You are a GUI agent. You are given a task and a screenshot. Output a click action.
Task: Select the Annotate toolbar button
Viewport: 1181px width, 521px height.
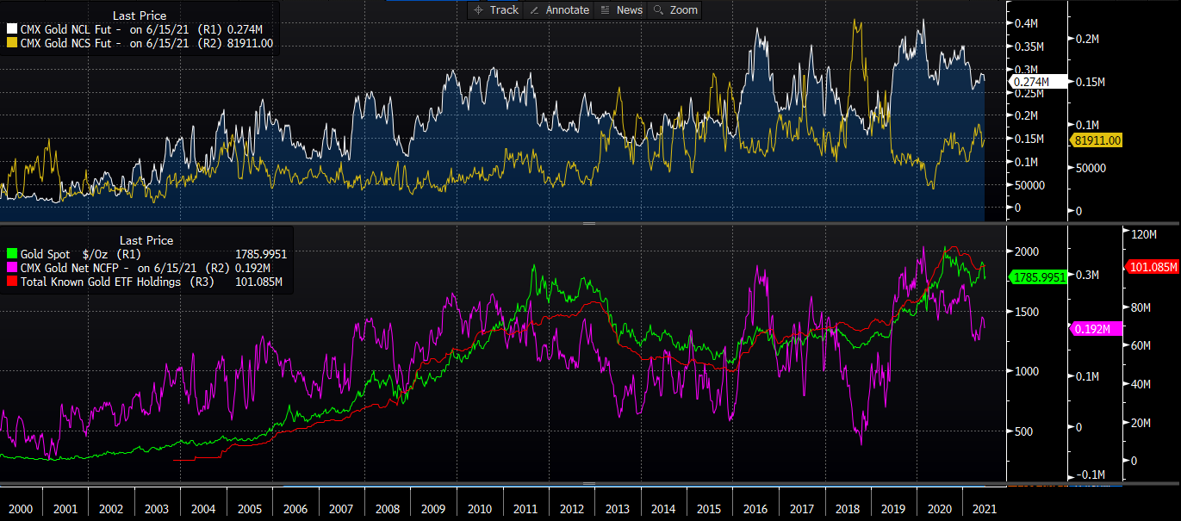559,9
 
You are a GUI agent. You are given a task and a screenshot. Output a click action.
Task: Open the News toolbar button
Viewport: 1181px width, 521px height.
621,9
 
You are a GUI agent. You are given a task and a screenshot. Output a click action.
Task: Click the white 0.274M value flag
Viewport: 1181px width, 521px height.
1031,81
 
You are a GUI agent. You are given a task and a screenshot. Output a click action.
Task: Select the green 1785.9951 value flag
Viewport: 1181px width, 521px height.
1038,277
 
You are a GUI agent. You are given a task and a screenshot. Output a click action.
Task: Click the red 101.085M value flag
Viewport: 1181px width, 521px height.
1152,267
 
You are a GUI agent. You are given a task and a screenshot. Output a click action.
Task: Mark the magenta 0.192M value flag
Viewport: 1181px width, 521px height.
1096,328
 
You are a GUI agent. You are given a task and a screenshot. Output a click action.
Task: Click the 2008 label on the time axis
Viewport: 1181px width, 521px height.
387,509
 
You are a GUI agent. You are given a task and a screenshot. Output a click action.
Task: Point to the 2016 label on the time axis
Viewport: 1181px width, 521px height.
755,509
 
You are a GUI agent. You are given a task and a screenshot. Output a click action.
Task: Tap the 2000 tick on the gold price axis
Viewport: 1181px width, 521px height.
1028,251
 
